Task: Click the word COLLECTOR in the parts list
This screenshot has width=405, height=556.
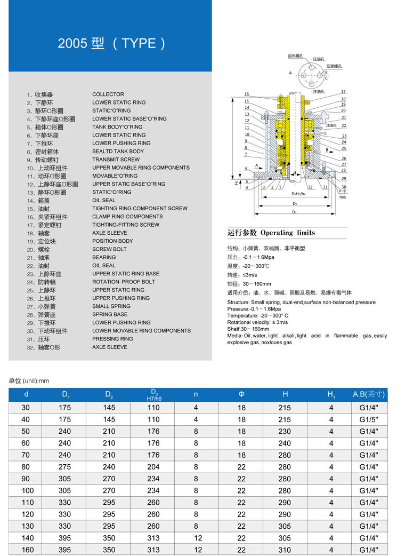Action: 108,94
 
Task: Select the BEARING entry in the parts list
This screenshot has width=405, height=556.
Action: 104,257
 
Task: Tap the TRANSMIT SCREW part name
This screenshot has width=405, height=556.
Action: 116,160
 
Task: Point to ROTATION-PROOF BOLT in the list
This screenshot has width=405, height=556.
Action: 124,282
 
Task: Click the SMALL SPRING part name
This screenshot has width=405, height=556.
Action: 111,306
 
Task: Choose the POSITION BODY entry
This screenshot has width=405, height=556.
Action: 112,241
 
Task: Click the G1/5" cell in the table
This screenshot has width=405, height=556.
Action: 368,419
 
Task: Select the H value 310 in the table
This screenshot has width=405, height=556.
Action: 285,550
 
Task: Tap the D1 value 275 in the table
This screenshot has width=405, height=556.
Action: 65,467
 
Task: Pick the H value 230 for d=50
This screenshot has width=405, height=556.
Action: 285,431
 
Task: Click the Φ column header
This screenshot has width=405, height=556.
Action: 241,394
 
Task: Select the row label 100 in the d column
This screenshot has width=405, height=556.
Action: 27,490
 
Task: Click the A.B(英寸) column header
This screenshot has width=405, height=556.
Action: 369,394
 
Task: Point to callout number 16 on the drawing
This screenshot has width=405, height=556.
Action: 247,94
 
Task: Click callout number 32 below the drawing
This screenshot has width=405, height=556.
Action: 309,187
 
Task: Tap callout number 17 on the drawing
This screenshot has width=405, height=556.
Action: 344,92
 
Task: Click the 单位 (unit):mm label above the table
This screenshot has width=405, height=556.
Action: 29,381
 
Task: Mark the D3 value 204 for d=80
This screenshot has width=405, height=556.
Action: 153,467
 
